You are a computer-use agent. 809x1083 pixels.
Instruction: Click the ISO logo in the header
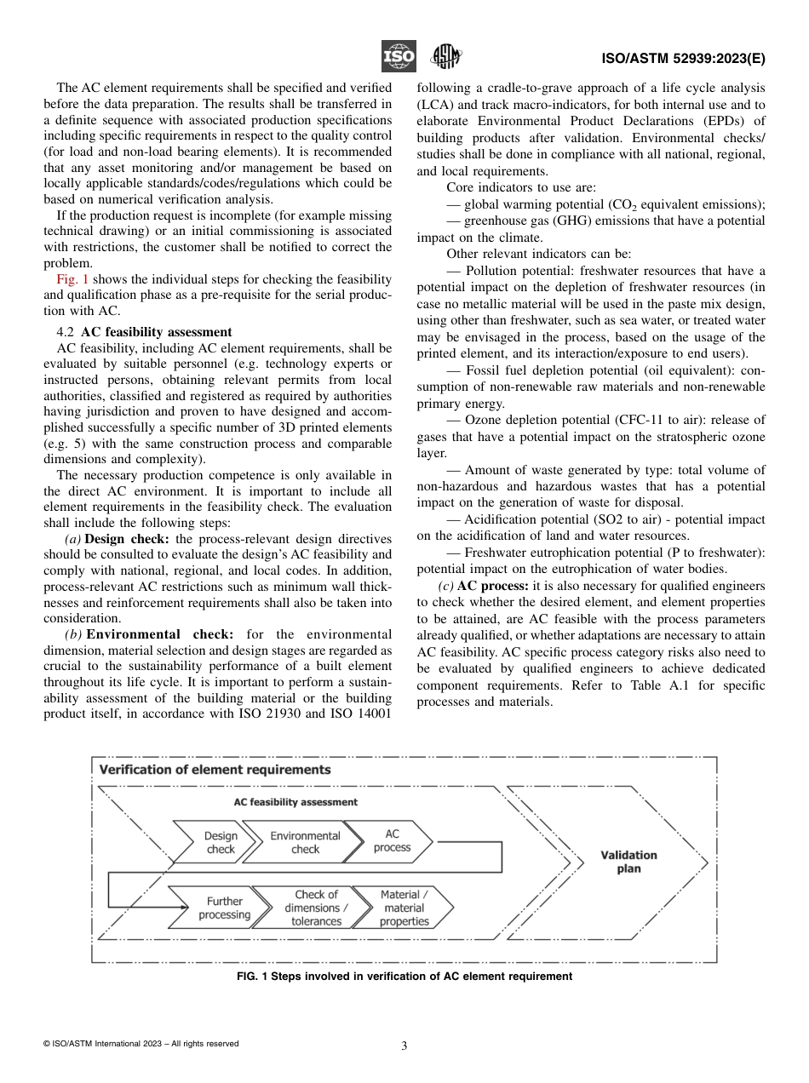click(x=398, y=57)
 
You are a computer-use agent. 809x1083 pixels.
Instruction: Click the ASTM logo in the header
click(x=445, y=57)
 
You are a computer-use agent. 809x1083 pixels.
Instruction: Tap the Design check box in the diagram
click(x=221, y=842)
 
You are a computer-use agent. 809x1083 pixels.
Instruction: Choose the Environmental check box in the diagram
click(x=305, y=842)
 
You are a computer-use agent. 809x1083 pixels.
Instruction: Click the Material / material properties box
click(x=404, y=908)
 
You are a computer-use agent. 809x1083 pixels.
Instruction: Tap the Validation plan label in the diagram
click(x=628, y=862)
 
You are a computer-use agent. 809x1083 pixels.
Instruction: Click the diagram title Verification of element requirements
click(x=215, y=770)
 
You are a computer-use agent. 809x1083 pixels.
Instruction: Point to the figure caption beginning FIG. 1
click(x=404, y=977)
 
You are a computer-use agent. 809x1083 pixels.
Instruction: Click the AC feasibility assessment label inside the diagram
click(x=295, y=802)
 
